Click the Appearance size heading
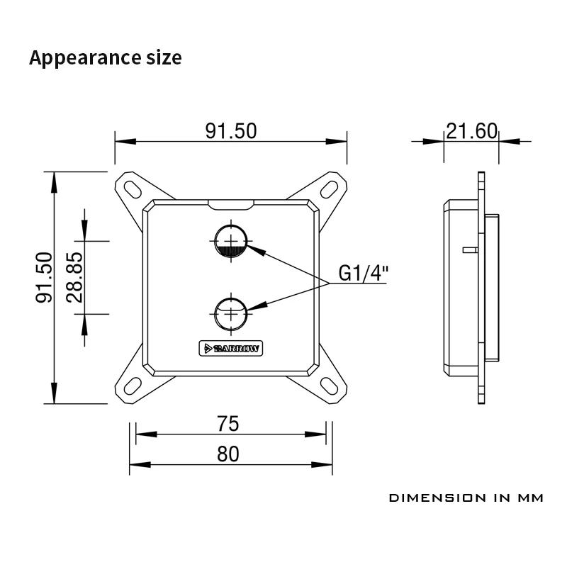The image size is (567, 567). click(105, 57)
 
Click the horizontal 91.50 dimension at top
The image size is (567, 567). click(230, 131)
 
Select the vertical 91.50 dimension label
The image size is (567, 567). click(45, 277)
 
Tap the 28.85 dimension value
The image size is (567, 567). click(75, 277)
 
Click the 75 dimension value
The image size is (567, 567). click(228, 424)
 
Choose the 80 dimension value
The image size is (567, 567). click(228, 454)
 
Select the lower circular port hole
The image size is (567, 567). click(231, 313)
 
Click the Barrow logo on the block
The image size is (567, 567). click(230, 347)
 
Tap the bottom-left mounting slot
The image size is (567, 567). click(133, 385)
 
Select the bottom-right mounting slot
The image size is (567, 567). click(330, 385)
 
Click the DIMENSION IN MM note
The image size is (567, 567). click(466, 498)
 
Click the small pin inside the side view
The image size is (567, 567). click(467, 249)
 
